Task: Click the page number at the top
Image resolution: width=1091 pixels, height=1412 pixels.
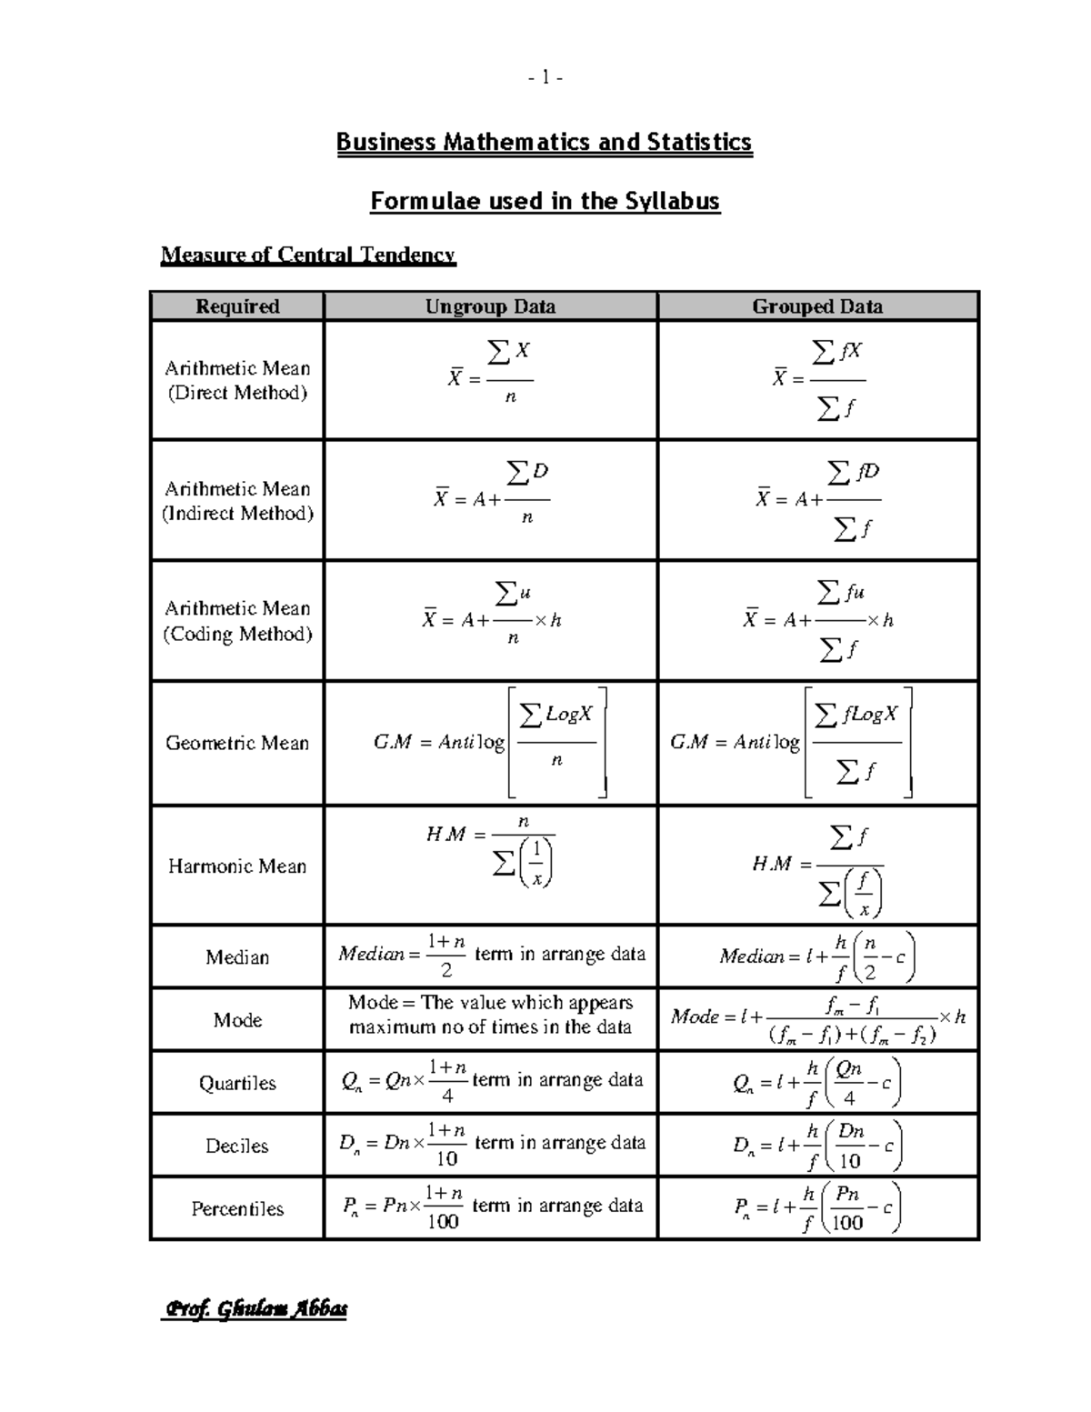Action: pos(545,78)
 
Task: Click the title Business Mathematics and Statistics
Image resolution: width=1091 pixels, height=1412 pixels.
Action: pos(544,143)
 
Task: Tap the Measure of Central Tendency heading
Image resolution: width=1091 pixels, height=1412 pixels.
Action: pos(307,255)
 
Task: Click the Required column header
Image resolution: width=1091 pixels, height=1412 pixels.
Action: pos(237,306)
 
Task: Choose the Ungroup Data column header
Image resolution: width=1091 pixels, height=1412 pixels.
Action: pos(490,306)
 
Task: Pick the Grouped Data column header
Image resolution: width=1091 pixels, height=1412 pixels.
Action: pos(816,306)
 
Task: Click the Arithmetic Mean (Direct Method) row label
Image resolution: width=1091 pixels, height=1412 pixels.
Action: pos(237,380)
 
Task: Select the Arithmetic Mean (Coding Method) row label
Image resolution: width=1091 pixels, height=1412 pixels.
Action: pos(237,621)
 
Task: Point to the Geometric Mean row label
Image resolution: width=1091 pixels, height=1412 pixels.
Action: pos(237,743)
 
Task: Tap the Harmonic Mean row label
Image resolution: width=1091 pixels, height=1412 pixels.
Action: pos(237,866)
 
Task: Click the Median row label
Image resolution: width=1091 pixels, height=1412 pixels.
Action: pos(237,957)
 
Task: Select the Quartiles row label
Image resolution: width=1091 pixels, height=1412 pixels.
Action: pos(237,1083)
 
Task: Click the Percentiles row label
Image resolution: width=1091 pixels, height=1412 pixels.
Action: pos(237,1208)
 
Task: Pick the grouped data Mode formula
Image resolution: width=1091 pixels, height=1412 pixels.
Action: pos(817,1019)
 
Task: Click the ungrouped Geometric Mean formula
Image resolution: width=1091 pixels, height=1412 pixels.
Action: pos(490,743)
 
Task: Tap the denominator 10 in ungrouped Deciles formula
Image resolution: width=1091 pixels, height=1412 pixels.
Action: pos(446,1158)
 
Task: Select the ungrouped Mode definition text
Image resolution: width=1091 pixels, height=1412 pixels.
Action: pos(490,1015)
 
